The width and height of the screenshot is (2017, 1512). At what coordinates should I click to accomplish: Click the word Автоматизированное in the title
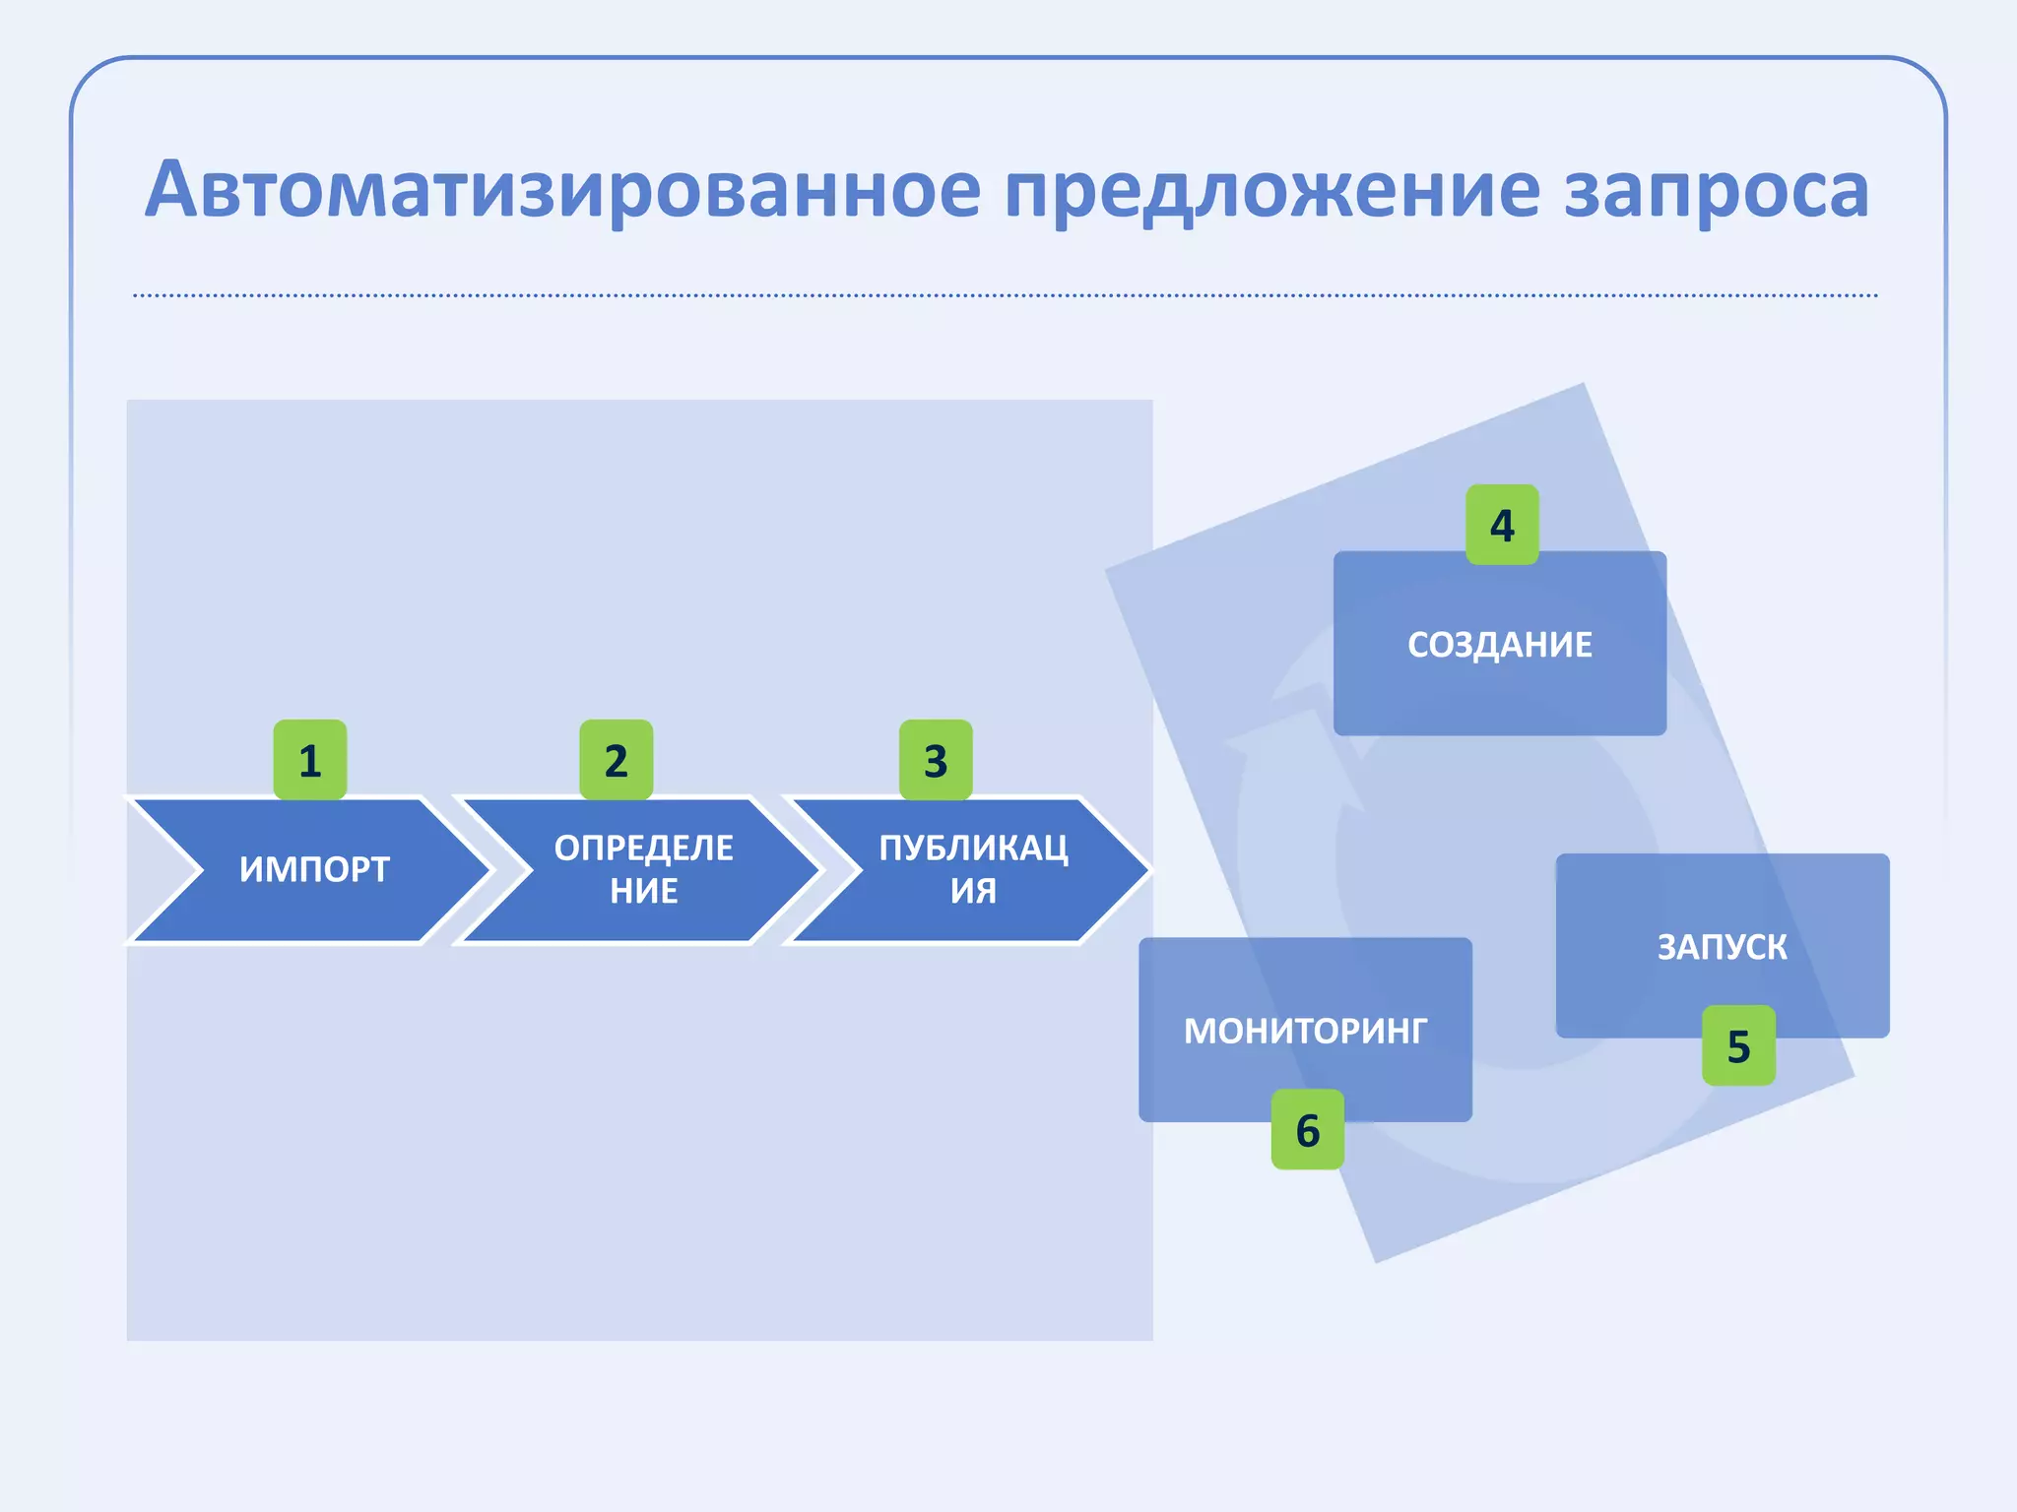coord(561,190)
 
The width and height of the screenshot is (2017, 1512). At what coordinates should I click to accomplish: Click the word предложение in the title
coord(1271,190)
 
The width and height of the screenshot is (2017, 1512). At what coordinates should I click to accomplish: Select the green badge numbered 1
coord(310,760)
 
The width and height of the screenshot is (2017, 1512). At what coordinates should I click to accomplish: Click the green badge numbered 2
coord(617,760)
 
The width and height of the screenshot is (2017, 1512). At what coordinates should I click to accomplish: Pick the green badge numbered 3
coord(936,760)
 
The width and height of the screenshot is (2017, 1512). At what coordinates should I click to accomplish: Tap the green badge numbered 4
coord(1502,525)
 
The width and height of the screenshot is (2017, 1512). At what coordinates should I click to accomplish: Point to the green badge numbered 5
coord(1738,1045)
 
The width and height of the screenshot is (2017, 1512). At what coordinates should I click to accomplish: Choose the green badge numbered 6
coord(1307,1129)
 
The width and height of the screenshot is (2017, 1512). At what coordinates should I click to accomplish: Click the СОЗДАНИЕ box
coord(1499,689)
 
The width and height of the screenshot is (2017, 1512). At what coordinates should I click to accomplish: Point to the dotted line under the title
coord(1005,295)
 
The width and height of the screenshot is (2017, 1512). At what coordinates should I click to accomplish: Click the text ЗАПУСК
coord(1722,947)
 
